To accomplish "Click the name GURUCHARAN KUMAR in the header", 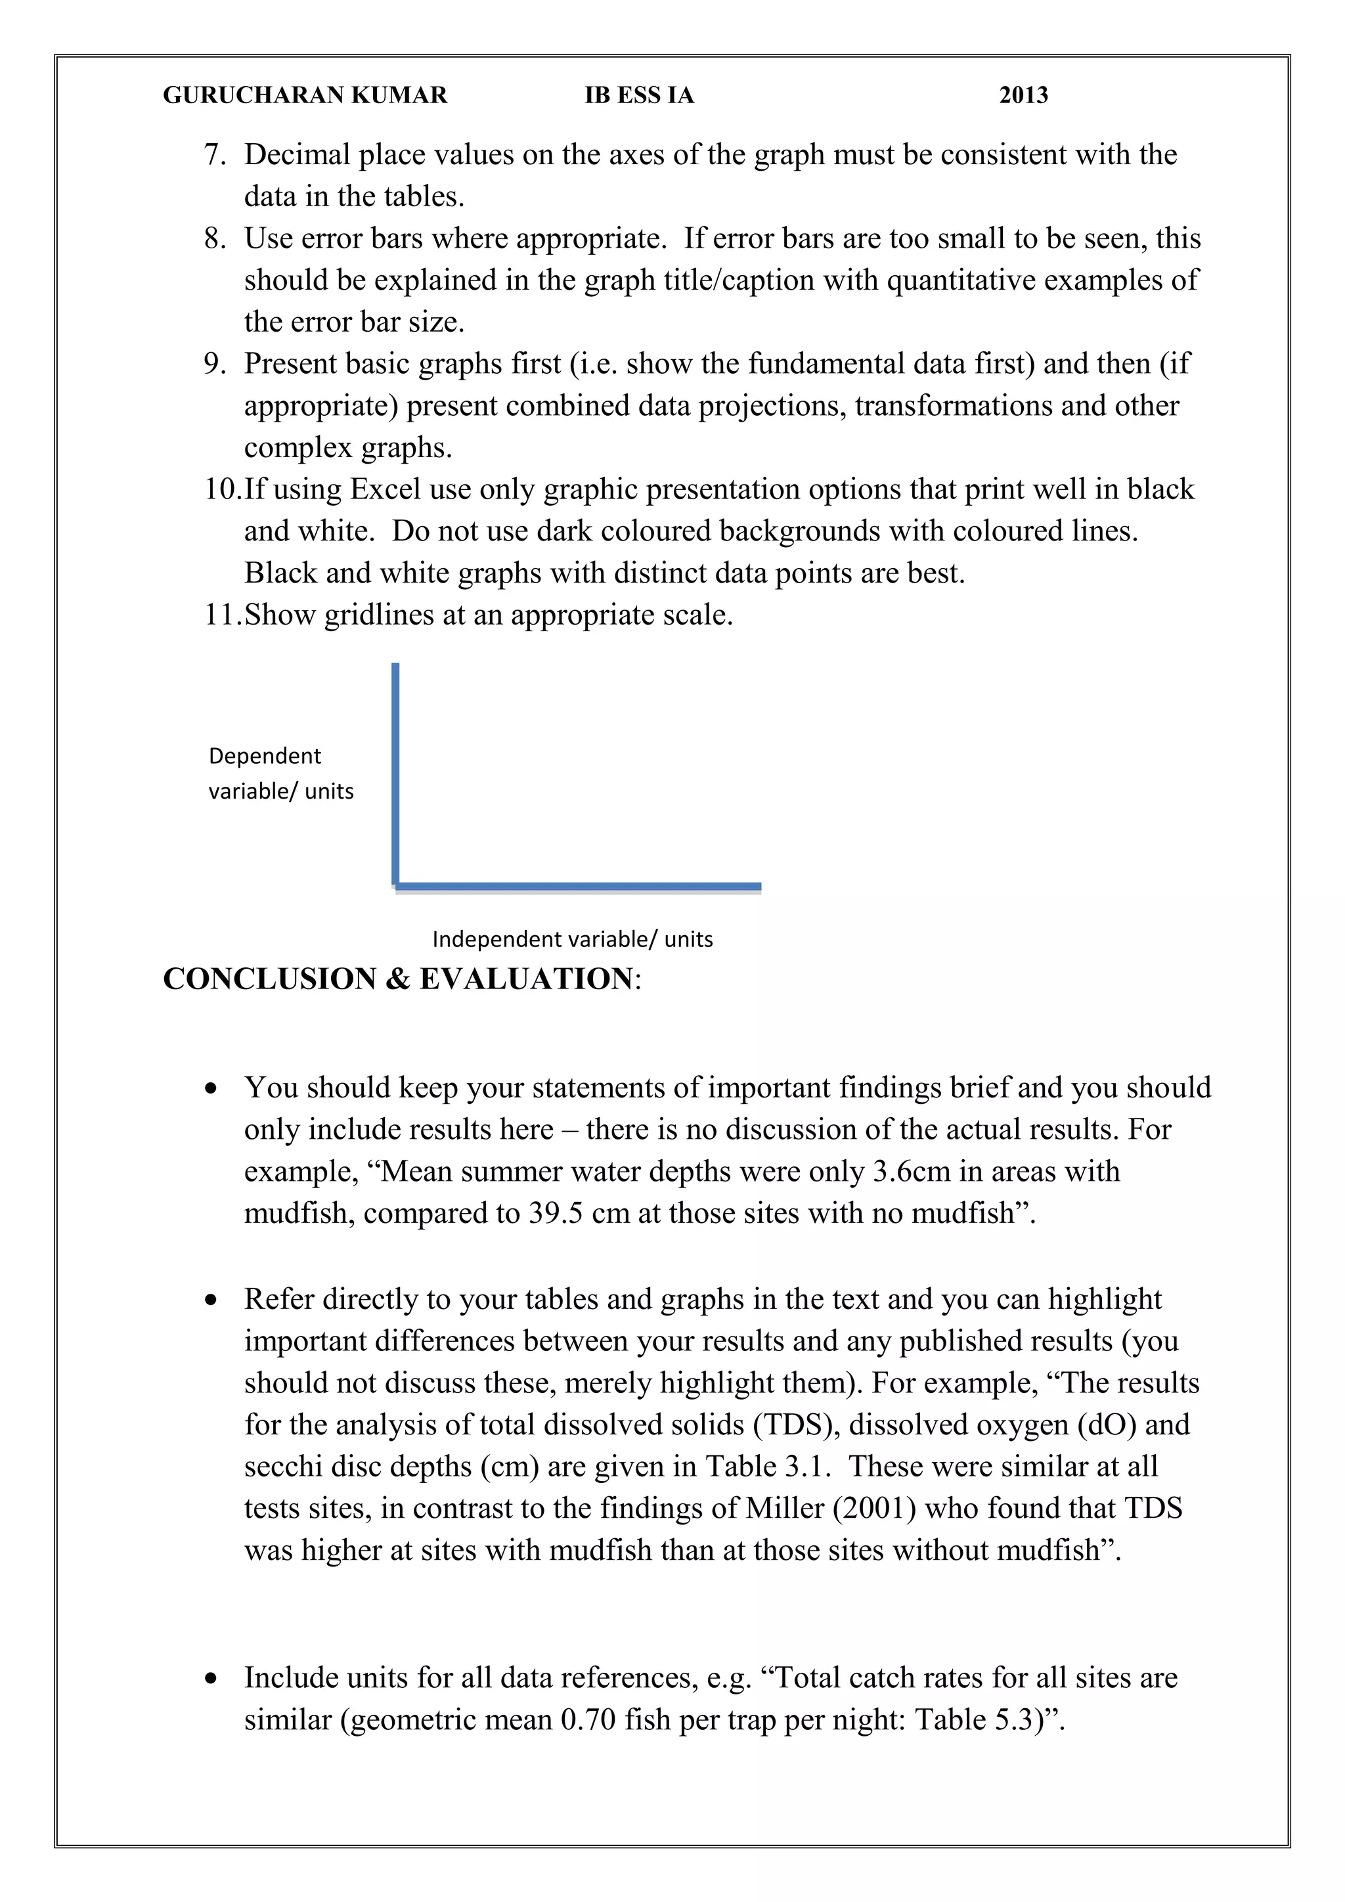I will [x=305, y=95].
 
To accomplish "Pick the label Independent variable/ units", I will [x=572, y=939].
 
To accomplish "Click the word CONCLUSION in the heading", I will [x=269, y=979].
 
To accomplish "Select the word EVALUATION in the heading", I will [x=526, y=979].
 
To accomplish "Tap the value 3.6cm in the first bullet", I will [x=911, y=1172].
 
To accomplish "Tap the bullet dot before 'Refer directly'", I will [x=212, y=1300].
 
